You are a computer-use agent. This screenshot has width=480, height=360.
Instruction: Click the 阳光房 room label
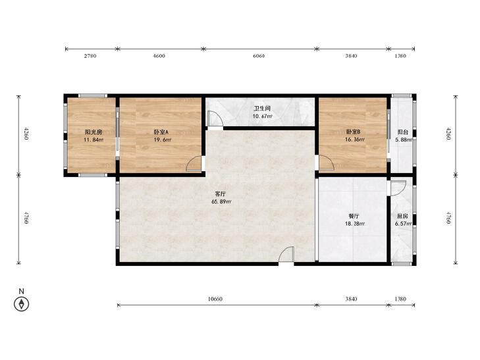tap(93, 132)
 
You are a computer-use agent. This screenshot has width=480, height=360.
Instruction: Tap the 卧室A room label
tap(161, 132)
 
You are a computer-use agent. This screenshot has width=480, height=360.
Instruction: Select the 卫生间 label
tap(262, 109)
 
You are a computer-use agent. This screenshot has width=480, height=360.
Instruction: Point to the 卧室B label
tap(354, 132)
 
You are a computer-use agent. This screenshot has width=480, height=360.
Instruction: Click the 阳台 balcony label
tap(403, 132)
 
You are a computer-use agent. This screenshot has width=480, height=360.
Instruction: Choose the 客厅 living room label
tap(221, 194)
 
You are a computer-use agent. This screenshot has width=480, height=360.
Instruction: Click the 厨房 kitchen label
tap(402, 216)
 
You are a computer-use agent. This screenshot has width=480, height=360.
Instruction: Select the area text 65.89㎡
tap(221, 201)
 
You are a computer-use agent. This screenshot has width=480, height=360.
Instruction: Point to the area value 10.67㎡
tap(262, 116)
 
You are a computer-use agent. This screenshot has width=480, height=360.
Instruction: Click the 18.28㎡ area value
tap(355, 224)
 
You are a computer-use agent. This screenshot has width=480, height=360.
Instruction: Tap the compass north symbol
tap(22, 304)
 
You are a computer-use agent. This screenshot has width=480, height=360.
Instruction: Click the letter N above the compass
tap(22, 291)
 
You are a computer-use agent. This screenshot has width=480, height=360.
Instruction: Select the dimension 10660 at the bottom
tap(215, 299)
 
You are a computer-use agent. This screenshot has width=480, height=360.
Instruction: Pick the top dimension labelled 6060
tap(259, 56)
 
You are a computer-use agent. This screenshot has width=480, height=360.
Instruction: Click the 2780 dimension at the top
tap(90, 56)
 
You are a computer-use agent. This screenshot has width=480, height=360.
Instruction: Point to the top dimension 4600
tap(159, 56)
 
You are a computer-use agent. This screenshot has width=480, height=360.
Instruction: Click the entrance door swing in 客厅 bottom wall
tap(286, 255)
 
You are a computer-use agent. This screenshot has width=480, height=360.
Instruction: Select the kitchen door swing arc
tap(398, 188)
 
